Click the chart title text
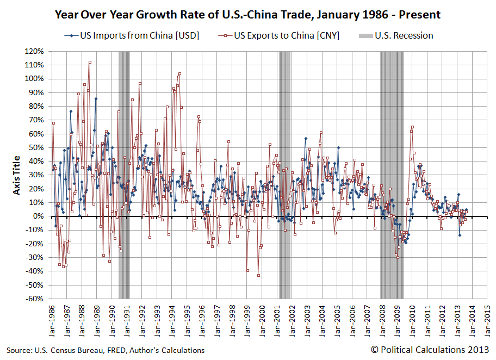(247, 14)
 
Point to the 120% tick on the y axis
(34, 51)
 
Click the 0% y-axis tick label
(38, 216)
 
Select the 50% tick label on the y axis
(36, 147)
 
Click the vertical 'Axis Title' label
(16, 175)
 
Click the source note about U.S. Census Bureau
(106, 350)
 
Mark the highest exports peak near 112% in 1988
(90, 62)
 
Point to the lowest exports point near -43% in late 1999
(258, 275)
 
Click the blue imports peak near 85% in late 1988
(96, 98)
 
